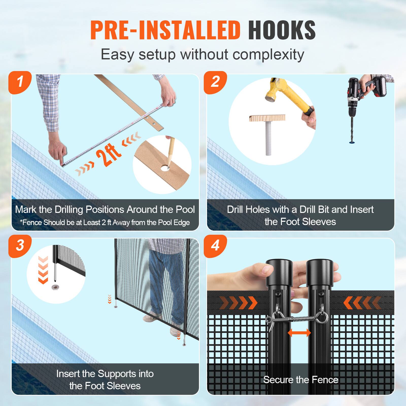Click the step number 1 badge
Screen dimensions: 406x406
[20, 82]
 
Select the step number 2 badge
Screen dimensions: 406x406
[215, 82]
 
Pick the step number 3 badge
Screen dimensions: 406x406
[20, 246]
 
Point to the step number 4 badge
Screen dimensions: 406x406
[215, 246]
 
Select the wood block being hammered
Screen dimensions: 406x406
[267, 119]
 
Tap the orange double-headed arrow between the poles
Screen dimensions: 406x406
[299, 333]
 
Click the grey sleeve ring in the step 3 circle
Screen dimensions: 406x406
[55, 287]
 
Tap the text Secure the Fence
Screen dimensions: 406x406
[300, 380]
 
